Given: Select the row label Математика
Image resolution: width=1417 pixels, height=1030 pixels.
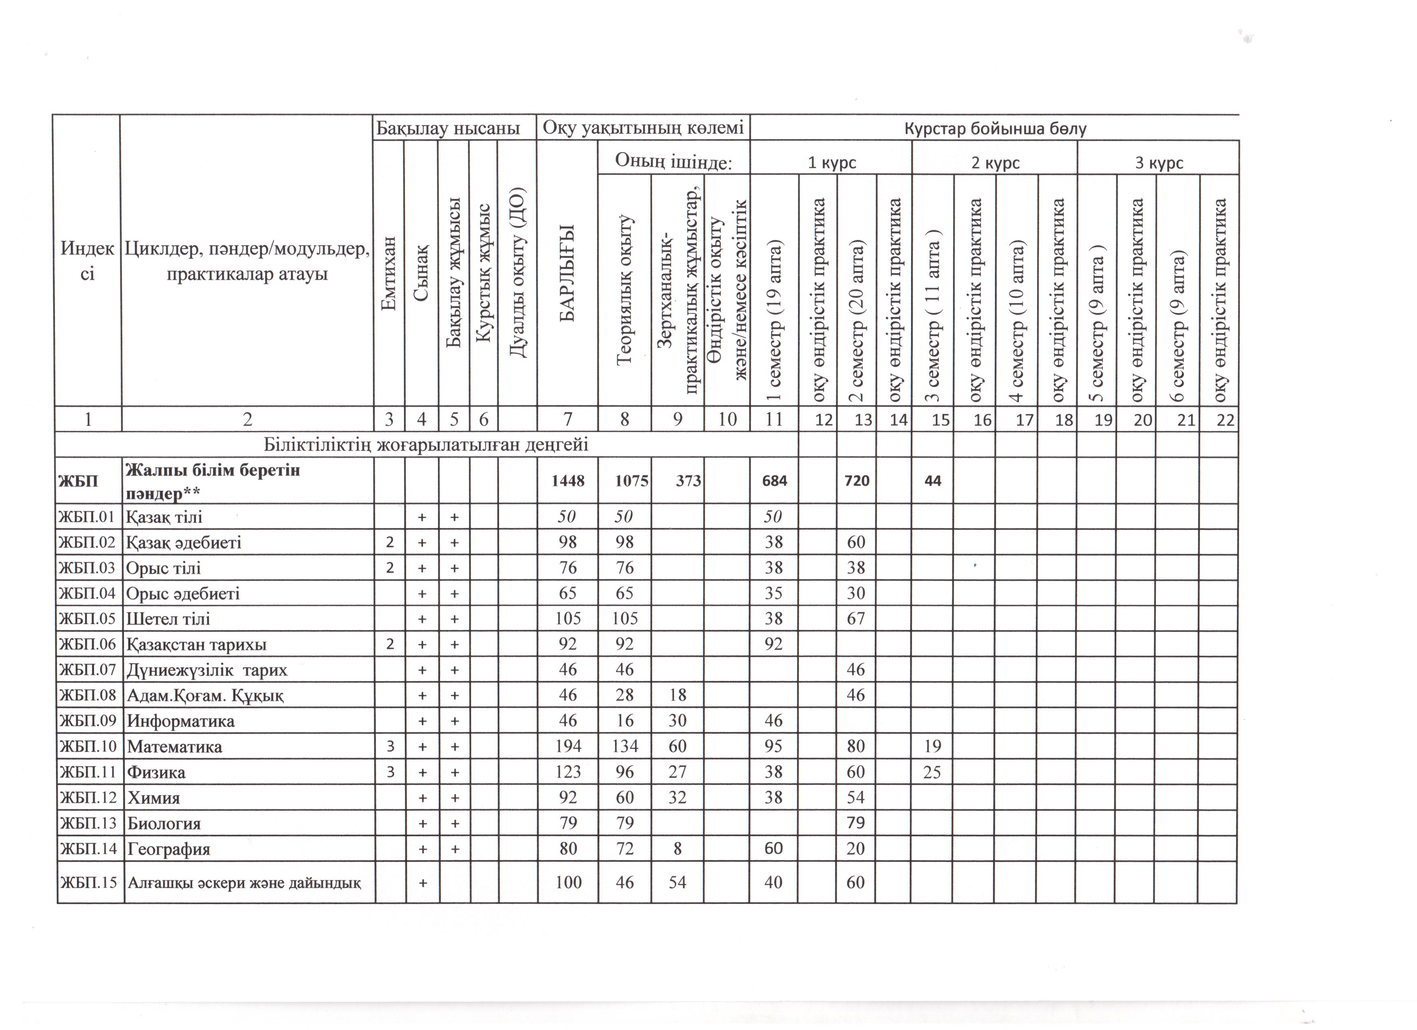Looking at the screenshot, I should coord(174,746).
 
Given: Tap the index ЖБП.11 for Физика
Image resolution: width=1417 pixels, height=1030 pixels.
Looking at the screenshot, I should coord(88,772).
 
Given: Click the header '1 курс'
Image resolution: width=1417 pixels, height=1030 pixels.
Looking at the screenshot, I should coord(832,163).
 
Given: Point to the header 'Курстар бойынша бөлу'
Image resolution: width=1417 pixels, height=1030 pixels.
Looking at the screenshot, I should coord(995,129).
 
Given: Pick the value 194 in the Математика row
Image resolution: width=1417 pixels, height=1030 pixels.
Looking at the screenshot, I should coord(568,746).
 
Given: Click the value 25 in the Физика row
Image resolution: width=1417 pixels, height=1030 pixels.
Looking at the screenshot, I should coord(932,772).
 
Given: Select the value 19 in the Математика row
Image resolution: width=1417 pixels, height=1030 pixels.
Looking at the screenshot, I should coord(932,746).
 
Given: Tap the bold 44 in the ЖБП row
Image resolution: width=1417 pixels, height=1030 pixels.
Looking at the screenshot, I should coord(932,481).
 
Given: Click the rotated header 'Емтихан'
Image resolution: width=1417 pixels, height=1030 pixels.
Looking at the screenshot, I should coord(389,274).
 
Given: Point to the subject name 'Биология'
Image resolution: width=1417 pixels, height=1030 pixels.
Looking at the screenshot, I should coord(164,823).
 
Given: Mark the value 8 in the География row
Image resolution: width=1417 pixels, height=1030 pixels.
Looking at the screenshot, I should coord(677,849).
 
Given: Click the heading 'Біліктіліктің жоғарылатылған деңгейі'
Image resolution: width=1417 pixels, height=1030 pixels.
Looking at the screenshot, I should coord(426,445).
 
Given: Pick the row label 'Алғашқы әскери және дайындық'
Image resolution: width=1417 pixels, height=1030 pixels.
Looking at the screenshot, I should coord(244,883).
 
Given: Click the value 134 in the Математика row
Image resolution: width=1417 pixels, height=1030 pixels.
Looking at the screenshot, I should coord(624,746).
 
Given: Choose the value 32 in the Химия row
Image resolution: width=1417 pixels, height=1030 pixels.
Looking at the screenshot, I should coord(677,798).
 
